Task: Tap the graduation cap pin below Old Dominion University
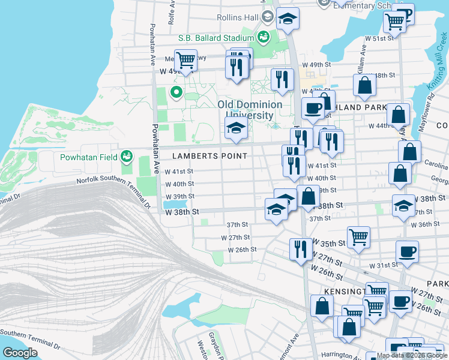tap(236, 128)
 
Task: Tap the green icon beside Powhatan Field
tap(126, 157)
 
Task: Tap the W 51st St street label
tap(380, 38)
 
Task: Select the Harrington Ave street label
tap(344, 355)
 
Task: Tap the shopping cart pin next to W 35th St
tap(358, 236)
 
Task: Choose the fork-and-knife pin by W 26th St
tap(301, 248)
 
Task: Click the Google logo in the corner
tap(20, 353)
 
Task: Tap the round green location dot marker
tap(176, 92)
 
